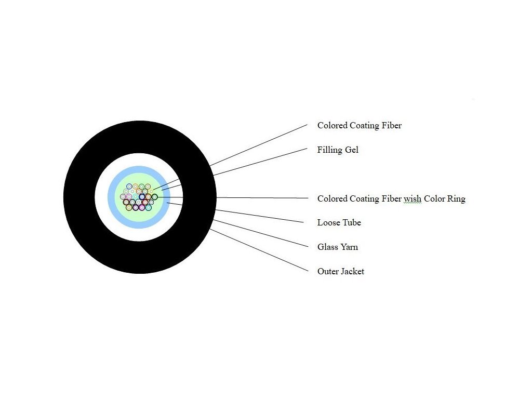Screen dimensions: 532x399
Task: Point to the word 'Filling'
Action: [x=329, y=150]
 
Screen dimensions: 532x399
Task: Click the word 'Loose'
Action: [x=328, y=222]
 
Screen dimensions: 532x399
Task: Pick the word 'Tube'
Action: [x=352, y=222]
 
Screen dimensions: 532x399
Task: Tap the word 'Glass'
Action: [x=327, y=247]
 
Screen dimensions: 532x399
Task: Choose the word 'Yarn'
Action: [x=349, y=247]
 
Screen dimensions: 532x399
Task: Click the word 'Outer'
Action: [x=328, y=271]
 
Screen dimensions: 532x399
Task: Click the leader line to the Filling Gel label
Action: [x=260, y=162]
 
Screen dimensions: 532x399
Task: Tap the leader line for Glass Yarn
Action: [x=260, y=233]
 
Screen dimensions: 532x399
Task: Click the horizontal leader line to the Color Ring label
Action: [x=260, y=197]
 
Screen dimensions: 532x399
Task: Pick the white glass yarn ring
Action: [x=101, y=197]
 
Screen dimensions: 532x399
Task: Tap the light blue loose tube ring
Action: [x=111, y=197]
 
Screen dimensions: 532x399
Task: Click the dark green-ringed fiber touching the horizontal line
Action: [x=154, y=197]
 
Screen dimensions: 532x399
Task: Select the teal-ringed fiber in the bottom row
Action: [x=149, y=208]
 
